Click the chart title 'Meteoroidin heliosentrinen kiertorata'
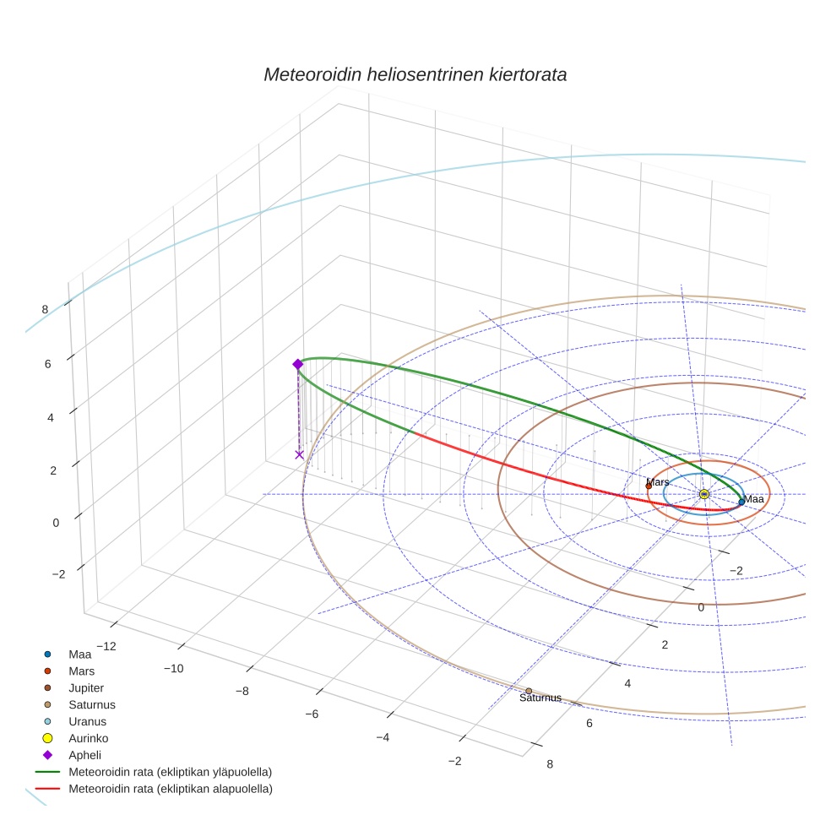tap(415, 74)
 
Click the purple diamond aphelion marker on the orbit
tap(297, 364)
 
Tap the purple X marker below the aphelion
tap(299, 455)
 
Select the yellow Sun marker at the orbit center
tap(704, 494)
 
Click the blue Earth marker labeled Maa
tap(741, 502)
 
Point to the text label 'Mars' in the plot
tap(658, 482)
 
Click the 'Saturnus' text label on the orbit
tap(540, 698)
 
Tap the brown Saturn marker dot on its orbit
tap(529, 691)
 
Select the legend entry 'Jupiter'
tap(87, 687)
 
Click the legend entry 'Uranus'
tap(87, 721)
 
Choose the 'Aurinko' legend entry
tap(88, 738)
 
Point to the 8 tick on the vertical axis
tap(45, 309)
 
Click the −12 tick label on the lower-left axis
tap(106, 646)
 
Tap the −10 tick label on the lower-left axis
tap(173, 669)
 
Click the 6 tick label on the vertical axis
tap(48, 364)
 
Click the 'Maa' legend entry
tap(80, 654)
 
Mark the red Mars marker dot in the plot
tap(649, 486)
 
